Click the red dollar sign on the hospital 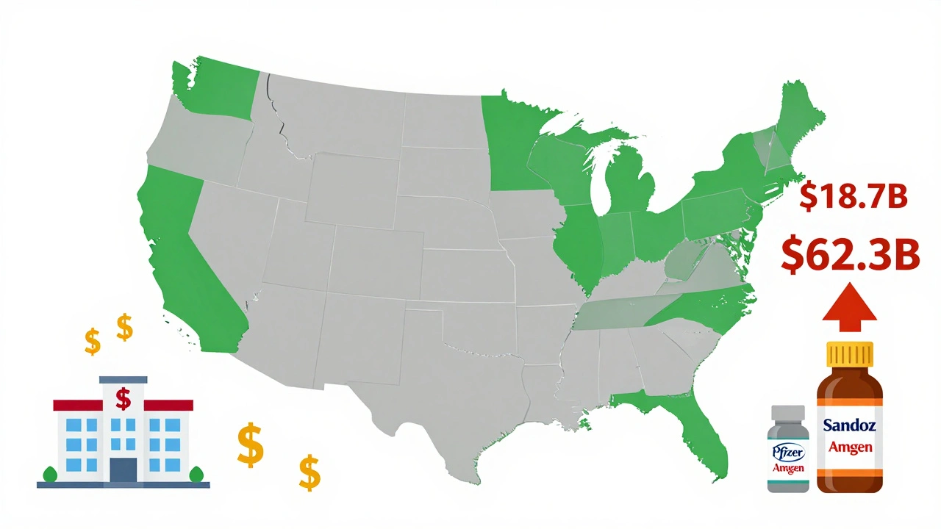coord(124,399)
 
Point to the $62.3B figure coord(851,255)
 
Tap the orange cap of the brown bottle coord(851,356)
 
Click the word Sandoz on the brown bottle coord(850,425)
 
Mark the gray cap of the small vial coord(788,416)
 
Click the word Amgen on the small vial coord(788,467)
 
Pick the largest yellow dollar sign coord(251,445)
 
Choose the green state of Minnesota coord(515,147)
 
